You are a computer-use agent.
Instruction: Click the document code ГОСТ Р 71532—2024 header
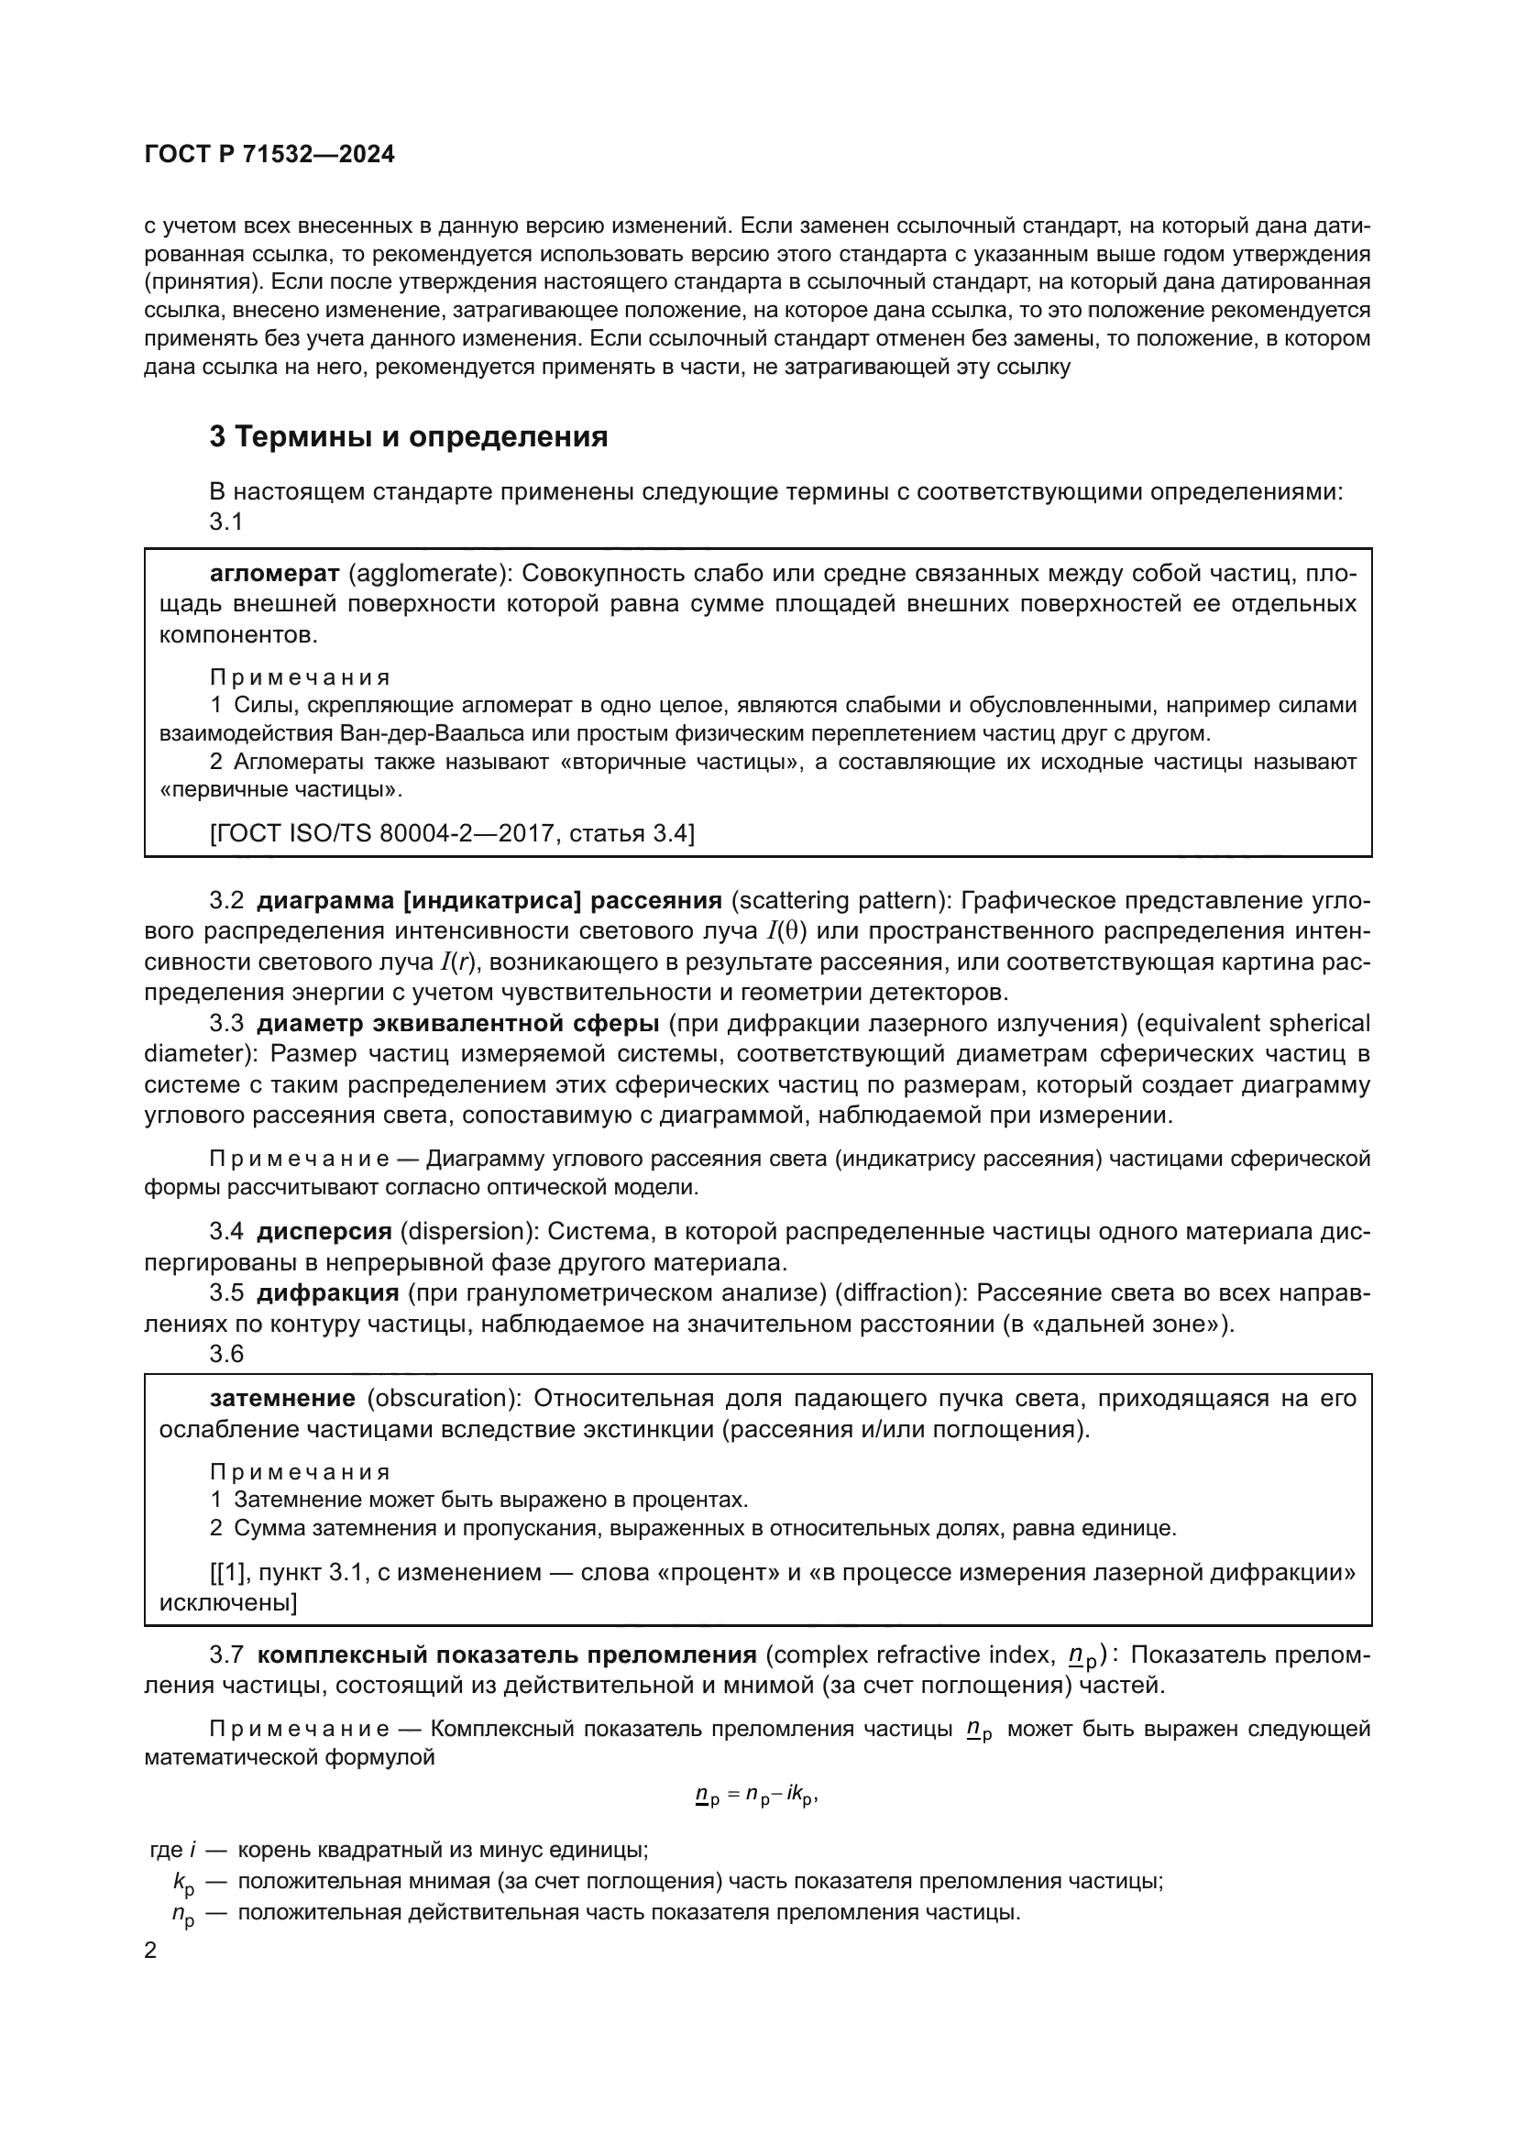(x=269, y=155)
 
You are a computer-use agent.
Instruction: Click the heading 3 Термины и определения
(x=408, y=436)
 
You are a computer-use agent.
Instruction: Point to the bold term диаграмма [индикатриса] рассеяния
(x=489, y=900)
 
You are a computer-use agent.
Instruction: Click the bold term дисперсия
(x=324, y=1232)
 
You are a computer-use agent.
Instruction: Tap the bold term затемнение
(x=282, y=1398)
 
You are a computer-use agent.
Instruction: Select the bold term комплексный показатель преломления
(x=506, y=1655)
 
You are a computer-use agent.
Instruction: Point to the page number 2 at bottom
(x=150, y=1951)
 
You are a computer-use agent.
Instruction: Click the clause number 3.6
(x=225, y=1353)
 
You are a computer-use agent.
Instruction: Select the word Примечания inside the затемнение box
(x=300, y=1473)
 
